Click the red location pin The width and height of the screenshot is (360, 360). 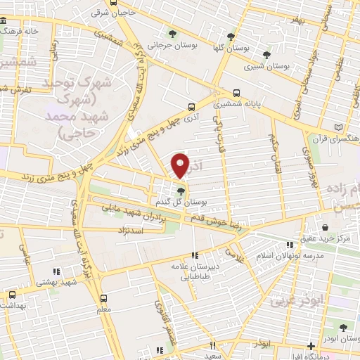pyautogui.click(x=181, y=165)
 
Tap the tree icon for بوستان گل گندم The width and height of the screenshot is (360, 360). pyautogui.click(x=181, y=191)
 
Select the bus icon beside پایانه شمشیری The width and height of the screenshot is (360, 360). pyautogui.click(x=237, y=93)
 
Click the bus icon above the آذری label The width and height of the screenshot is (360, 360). pyautogui.click(x=191, y=108)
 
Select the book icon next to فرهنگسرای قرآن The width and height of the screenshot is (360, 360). pyautogui.click(x=340, y=127)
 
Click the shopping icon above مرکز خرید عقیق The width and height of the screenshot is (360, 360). pyautogui.click(x=326, y=227)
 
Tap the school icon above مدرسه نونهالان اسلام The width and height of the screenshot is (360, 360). pyautogui.click(x=288, y=245)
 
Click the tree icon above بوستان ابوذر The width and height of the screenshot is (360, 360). pyautogui.click(x=342, y=327)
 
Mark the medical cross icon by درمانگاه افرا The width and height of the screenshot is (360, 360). pyautogui.click(x=311, y=347)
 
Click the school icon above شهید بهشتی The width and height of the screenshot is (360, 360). pyautogui.click(x=54, y=271)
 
